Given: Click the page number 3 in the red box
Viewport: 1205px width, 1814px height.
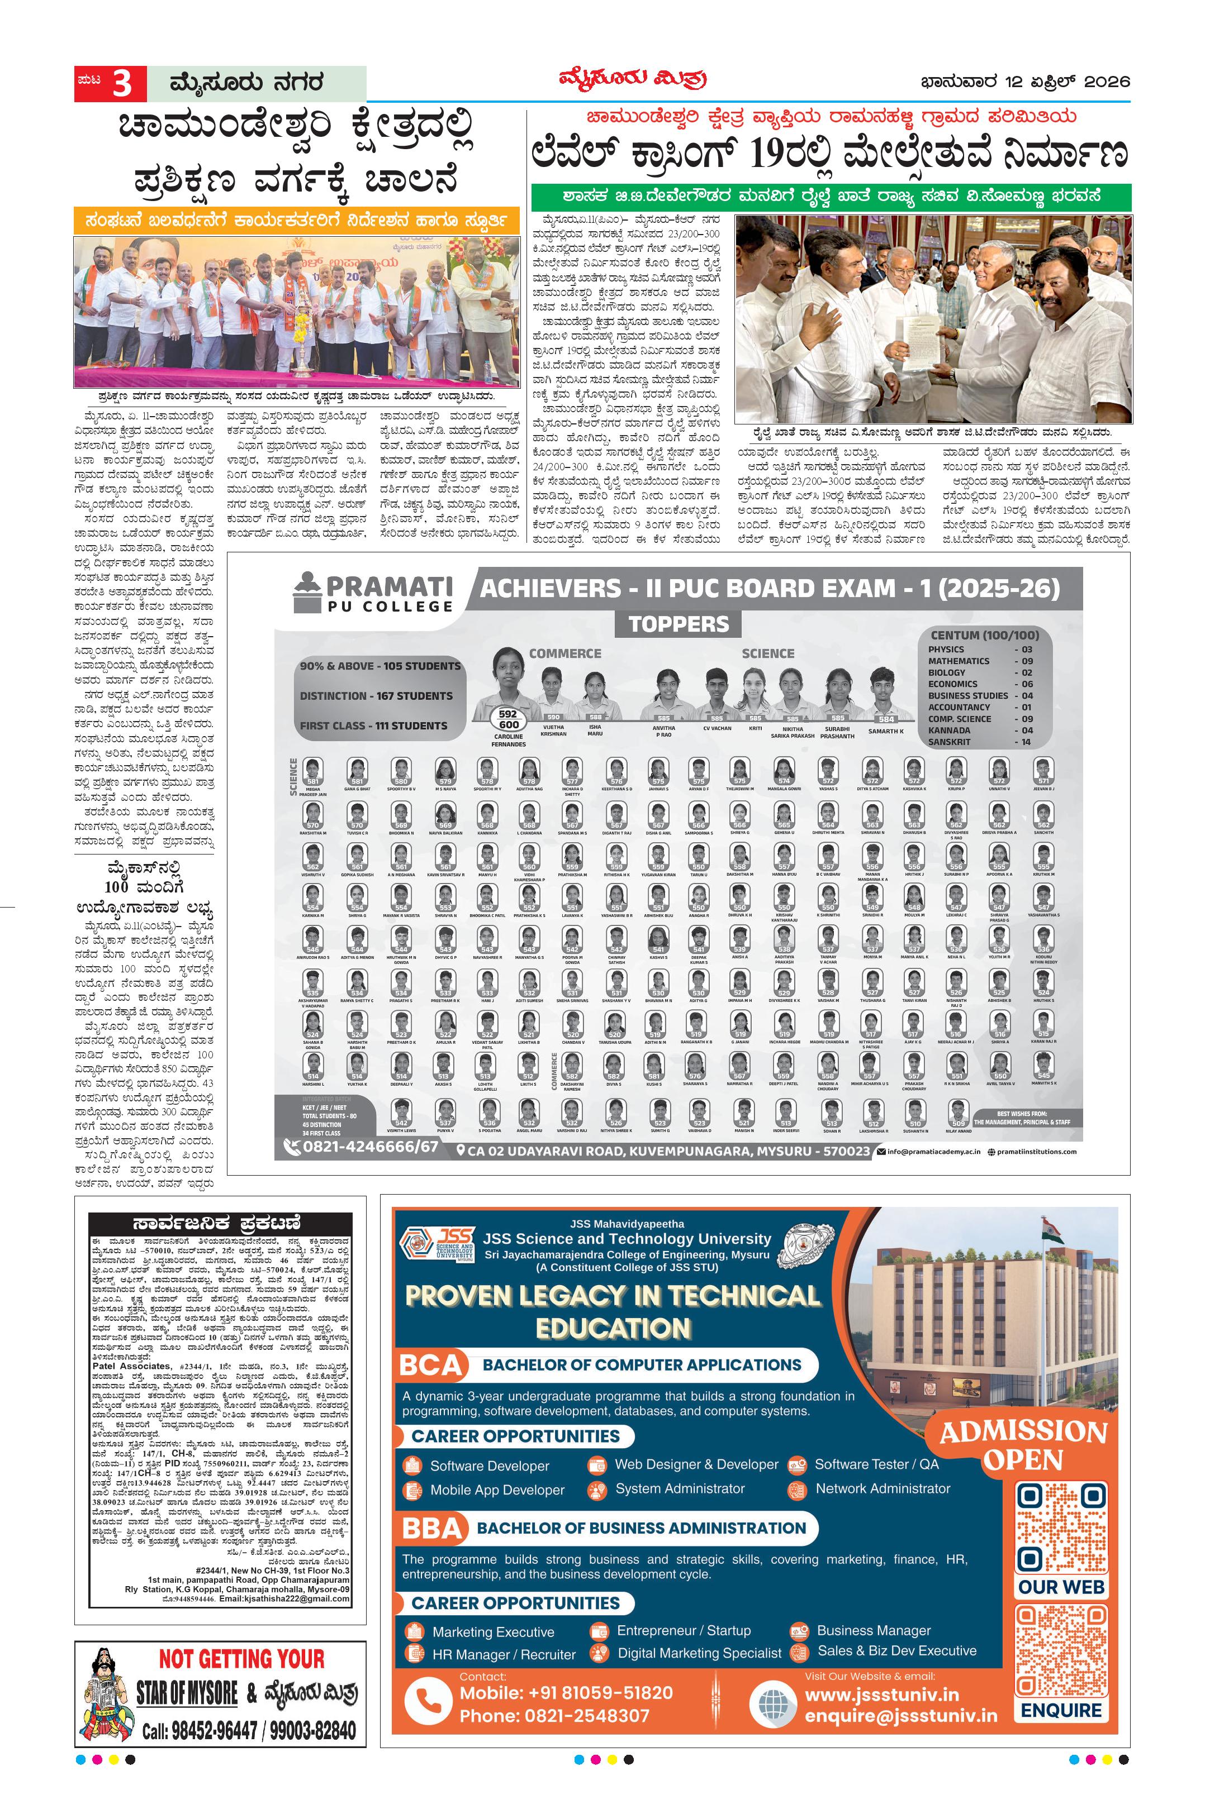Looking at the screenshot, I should (x=121, y=84).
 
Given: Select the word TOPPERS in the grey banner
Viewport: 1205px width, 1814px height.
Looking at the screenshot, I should (x=678, y=624).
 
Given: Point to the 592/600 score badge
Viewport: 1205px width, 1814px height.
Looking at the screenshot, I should (x=508, y=719).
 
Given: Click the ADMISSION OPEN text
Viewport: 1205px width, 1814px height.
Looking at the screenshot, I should (x=1023, y=1445).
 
